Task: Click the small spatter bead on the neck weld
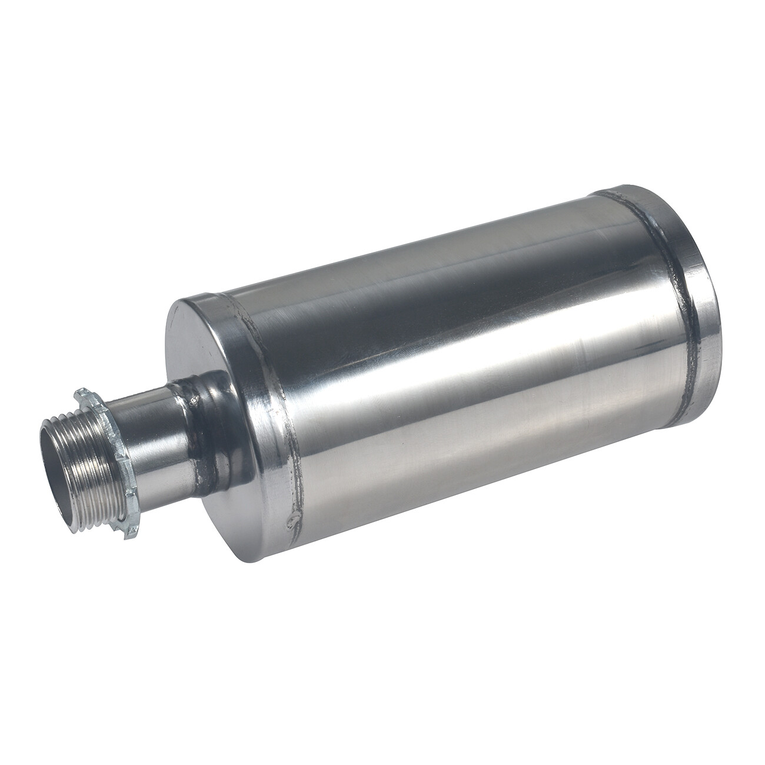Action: (193, 401)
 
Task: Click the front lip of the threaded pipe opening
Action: (47, 465)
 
